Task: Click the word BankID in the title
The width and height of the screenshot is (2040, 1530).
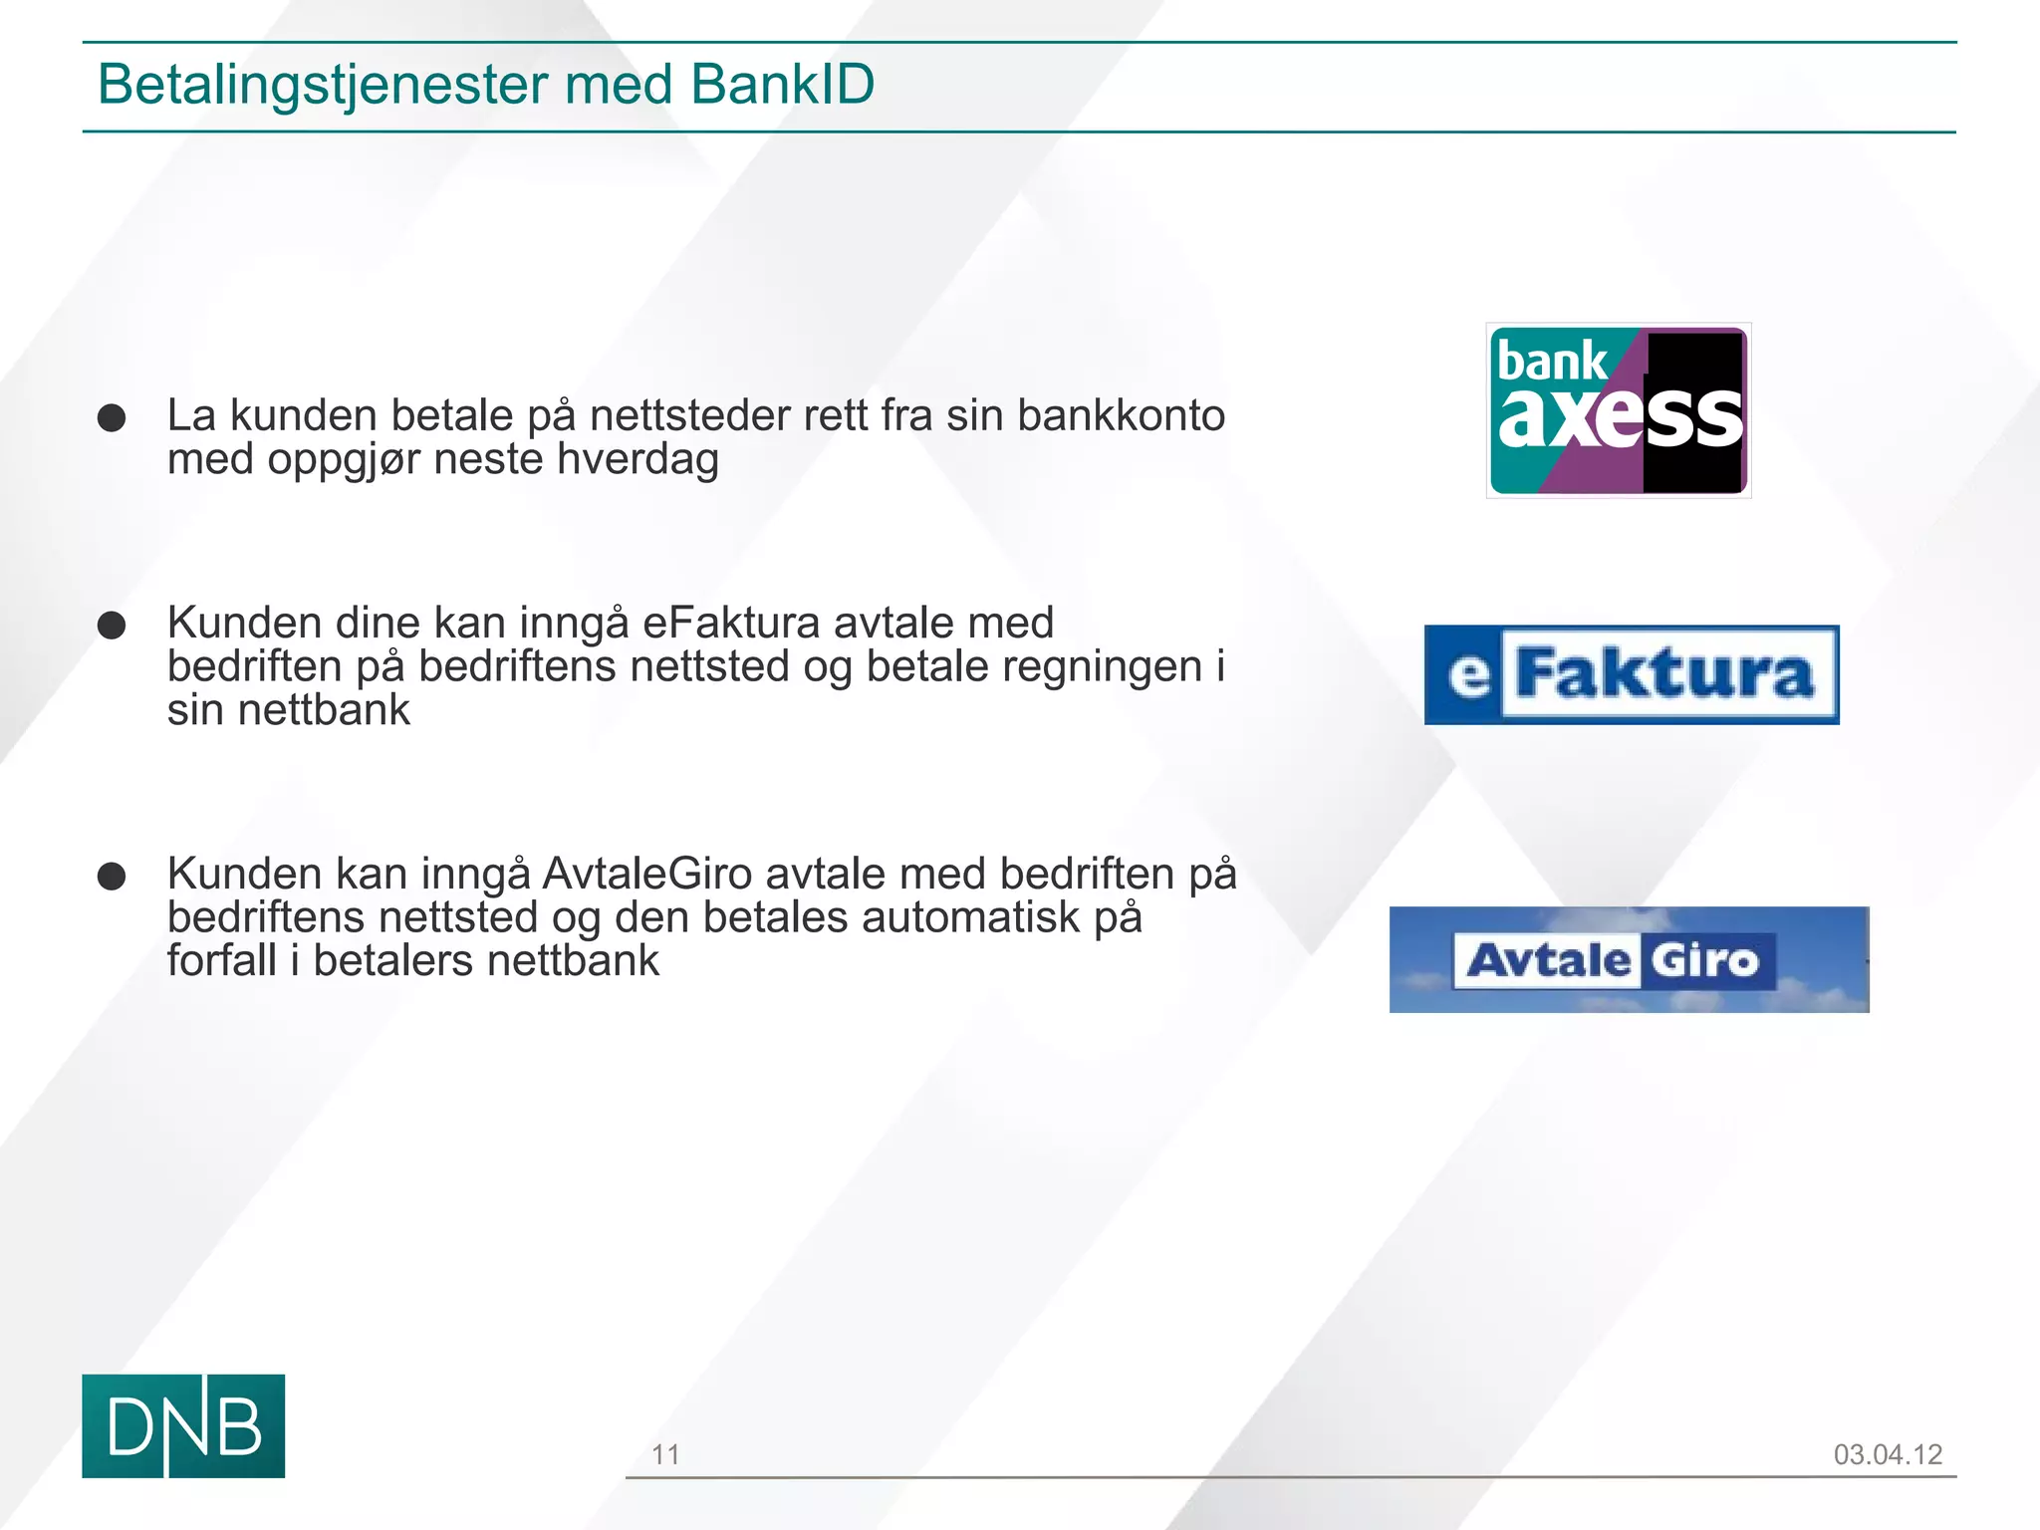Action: click(x=782, y=84)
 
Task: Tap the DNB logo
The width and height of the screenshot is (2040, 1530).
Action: click(x=183, y=1425)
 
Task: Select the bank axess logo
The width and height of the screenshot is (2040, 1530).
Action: click(x=1618, y=410)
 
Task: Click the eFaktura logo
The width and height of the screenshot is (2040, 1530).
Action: click(x=1631, y=674)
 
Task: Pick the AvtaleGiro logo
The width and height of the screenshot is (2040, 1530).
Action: click(x=1629, y=959)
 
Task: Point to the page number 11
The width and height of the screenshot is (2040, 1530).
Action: click(x=665, y=1454)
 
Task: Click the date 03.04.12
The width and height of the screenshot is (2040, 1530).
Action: click(x=1888, y=1454)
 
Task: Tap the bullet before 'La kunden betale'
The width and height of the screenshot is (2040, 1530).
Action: click(x=112, y=417)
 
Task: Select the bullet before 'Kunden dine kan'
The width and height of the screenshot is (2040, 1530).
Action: click(x=112, y=626)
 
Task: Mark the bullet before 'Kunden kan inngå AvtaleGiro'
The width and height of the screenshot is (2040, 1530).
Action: click(x=112, y=877)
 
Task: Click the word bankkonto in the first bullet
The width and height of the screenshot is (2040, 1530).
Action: click(x=1121, y=415)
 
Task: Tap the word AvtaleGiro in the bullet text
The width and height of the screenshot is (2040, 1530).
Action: click(x=646, y=874)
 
